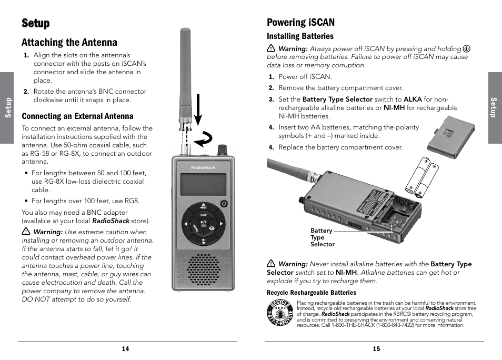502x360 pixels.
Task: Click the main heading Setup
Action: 36,23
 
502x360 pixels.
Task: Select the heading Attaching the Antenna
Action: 69,43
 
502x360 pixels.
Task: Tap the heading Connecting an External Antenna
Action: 77,116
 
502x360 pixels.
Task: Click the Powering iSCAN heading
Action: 300,22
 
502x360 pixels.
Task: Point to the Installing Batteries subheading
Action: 300,36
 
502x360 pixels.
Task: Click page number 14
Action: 125,349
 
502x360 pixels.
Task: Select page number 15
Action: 376,349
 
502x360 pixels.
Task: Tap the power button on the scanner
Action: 224,204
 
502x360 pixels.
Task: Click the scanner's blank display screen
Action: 203,184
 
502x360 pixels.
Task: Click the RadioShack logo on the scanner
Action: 203,167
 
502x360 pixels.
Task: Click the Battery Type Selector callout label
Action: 322,237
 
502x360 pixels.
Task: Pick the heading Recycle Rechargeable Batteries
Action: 312,293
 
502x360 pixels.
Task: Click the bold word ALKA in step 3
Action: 413,99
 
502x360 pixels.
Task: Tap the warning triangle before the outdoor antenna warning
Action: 25,232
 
